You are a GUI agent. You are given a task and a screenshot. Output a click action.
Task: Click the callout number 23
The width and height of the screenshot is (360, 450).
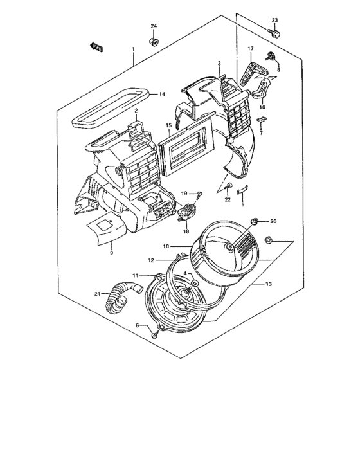274,20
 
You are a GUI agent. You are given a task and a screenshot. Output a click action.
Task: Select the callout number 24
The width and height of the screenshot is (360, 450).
154,26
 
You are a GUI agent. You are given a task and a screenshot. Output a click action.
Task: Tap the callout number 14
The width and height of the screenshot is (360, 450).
162,94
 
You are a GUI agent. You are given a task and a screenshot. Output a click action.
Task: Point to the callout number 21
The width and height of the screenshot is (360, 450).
97,294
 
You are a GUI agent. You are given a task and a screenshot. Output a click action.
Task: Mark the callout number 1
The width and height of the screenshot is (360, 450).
133,50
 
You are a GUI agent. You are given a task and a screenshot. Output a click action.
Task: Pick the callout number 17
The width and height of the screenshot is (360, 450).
251,50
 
